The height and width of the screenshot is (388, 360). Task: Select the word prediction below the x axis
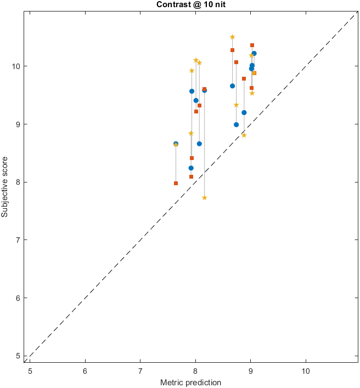[x=203, y=382]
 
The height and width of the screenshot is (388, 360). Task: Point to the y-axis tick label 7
[x=20, y=240]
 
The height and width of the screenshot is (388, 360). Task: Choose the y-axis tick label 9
[x=20, y=124]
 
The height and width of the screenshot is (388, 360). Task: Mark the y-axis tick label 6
[x=20, y=298]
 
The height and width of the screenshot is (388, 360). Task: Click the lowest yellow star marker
[x=204, y=198]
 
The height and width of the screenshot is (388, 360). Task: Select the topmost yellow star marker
[x=232, y=37]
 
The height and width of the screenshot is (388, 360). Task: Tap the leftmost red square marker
[x=176, y=183]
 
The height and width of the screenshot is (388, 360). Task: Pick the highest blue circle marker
[x=254, y=53]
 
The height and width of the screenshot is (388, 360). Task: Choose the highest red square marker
[x=252, y=45]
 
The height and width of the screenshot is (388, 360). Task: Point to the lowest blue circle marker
[x=191, y=168]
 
